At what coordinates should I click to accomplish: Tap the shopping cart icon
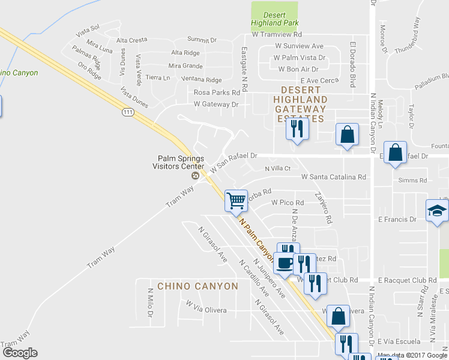tap(237, 200)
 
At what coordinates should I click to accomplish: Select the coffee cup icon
tap(285, 262)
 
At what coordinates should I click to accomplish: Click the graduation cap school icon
tap(437, 211)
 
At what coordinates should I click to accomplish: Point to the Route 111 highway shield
tap(127, 112)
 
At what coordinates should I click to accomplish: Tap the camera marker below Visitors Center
tap(194, 176)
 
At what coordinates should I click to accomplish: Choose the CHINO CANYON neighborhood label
tap(197, 286)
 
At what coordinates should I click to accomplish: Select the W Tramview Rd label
tap(276, 35)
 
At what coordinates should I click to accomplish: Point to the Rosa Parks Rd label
tap(217, 92)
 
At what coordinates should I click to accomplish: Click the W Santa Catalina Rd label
tap(333, 177)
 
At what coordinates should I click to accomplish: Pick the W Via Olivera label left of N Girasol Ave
tap(206, 310)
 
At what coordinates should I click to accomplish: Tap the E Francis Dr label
tap(397, 220)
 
